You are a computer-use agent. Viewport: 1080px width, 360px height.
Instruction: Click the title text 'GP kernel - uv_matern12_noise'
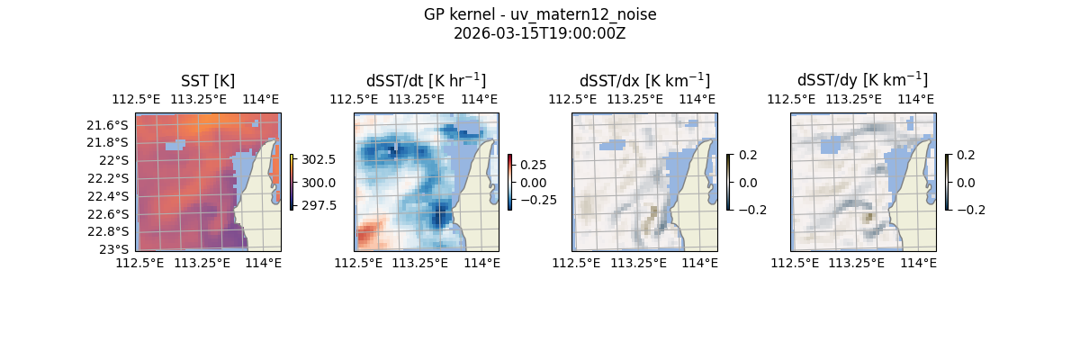coord(540,15)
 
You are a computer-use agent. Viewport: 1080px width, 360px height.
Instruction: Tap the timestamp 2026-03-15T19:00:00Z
coord(540,33)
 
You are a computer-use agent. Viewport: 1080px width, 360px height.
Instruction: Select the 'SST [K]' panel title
coord(208,81)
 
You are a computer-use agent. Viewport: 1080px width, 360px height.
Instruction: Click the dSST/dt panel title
coord(426,81)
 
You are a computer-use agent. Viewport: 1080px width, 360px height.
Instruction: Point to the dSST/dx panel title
coord(644,81)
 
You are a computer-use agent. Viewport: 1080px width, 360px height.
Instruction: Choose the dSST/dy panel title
coord(862,81)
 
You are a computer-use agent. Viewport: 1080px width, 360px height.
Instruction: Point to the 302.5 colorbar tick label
coord(319,159)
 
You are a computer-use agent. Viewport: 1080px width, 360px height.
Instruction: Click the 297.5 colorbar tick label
coord(319,205)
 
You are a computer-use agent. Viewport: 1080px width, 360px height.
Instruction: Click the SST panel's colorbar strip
coord(292,182)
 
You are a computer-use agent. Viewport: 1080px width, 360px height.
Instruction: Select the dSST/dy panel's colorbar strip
coord(948,182)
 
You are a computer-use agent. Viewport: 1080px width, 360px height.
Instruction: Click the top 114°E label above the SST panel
coord(261,99)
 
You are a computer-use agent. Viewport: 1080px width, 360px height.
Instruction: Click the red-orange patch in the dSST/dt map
coord(366,237)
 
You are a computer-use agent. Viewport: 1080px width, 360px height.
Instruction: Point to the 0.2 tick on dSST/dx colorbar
coord(748,155)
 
